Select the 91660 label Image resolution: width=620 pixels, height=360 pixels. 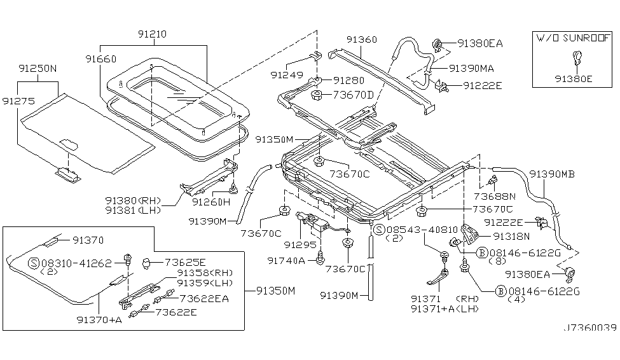100,58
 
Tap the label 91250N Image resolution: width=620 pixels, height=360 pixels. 36,67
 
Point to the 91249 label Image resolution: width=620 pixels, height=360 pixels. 283,74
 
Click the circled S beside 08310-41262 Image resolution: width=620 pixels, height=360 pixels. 34,262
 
